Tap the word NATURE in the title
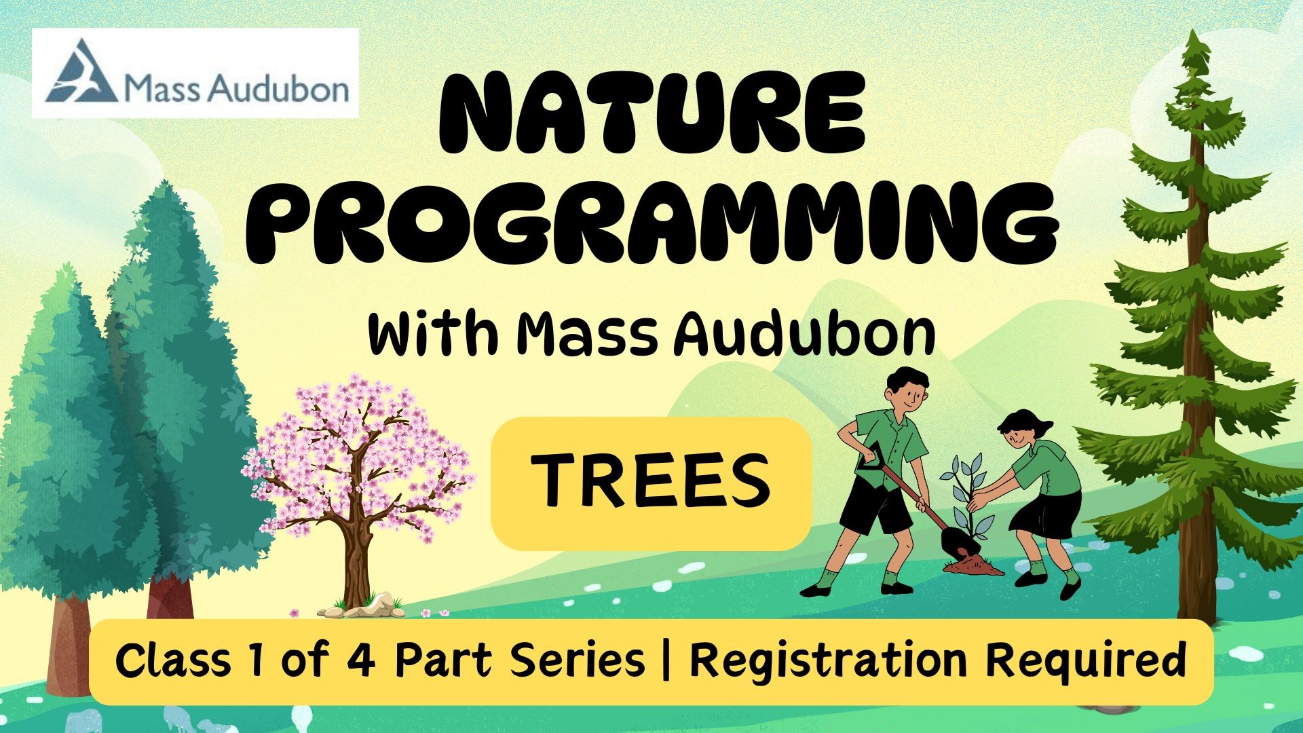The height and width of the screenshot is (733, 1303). click(653, 112)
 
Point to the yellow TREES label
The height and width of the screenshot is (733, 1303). click(651, 483)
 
